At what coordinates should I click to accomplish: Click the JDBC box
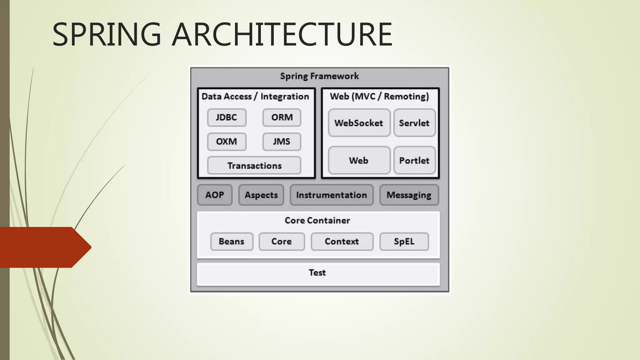(x=227, y=117)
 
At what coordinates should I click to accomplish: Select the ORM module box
(x=282, y=117)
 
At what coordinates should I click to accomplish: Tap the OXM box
(x=227, y=142)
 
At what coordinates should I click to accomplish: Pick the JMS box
(x=282, y=142)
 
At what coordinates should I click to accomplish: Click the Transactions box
(x=254, y=166)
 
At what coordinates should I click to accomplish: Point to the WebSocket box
(x=359, y=123)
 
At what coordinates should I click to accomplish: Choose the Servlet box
(x=414, y=123)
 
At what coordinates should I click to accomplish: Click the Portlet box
(x=414, y=160)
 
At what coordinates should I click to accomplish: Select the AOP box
(x=215, y=195)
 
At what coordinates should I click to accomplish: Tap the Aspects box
(x=261, y=195)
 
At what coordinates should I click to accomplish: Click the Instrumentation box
(x=332, y=195)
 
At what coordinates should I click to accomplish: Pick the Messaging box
(x=409, y=195)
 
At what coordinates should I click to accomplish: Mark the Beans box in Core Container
(x=232, y=242)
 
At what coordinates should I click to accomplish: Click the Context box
(x=342, y=242)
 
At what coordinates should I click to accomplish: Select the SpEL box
(x=404, y=242)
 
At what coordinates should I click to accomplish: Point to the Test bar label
(x=317, y=273)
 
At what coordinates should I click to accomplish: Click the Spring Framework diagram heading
(x=319, y=76)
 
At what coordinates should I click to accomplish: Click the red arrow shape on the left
(x=44, y=247)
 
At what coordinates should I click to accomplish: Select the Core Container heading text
(x=317, y=221)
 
